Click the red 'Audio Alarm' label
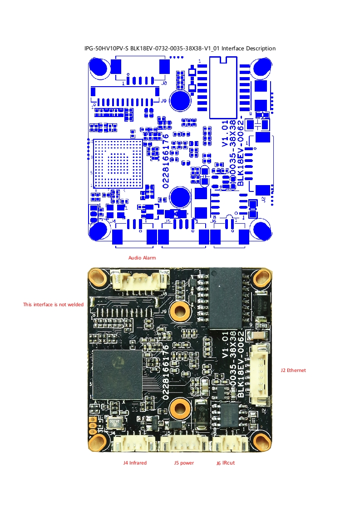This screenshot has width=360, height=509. pyautogui.click(x=142, y=258)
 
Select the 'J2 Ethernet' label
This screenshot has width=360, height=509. pyautogui.click(x=293, y=370)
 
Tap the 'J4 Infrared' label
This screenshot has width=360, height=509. pyautogui.click(x=135, y=463)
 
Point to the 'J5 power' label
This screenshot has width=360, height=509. pyautogui.click(x=183, y=463)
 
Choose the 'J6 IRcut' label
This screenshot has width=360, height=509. pyautogui.click(x=225, y=463)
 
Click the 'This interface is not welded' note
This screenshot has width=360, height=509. pyautogui.click(x=53, y=304)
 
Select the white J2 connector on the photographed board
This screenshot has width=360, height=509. pyautogui.click(x=261, y=374)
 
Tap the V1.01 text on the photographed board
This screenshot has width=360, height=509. pyautogui.click(x=225, y=345)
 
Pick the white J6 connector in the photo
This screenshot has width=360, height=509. pyautogui.click(x=231, y=443)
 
